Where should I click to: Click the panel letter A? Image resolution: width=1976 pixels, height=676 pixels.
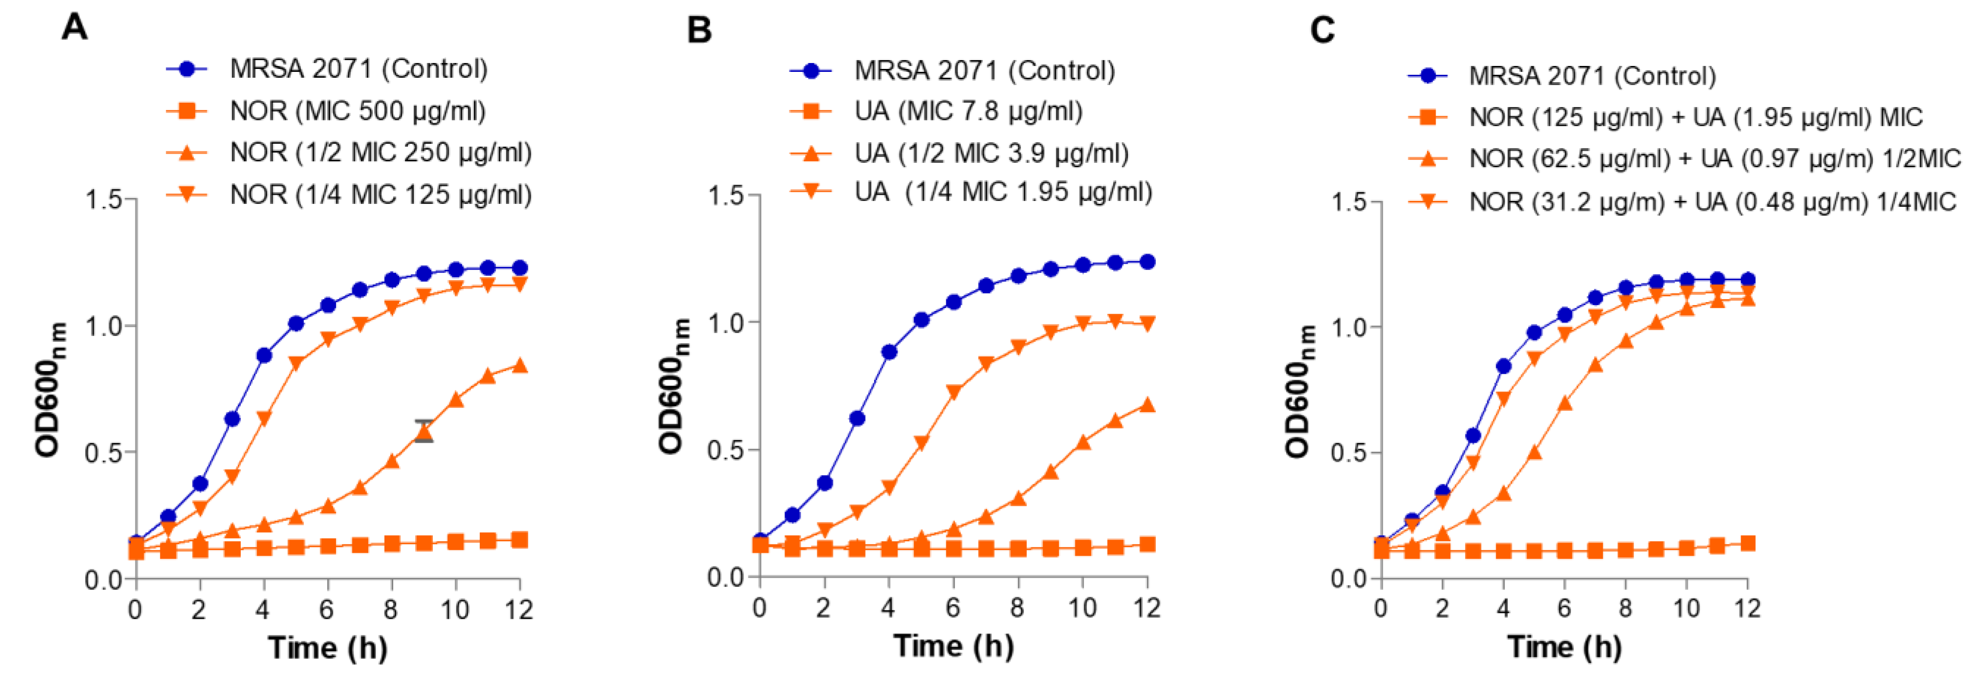[x=74, y=28]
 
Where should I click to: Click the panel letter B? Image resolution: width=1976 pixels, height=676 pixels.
[x=699, y=31]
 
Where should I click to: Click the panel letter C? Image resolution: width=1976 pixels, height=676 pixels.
[x=1322, y=31]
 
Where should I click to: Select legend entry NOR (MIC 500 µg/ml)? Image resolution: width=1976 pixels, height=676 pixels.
[x=358, y=111]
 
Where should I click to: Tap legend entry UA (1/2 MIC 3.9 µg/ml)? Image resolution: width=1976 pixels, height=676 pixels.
[x=991, y=153]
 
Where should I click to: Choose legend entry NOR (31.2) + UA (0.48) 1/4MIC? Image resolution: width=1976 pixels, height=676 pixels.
[x=1712, y=202]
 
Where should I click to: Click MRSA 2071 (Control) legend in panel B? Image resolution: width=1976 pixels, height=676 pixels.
[x=984, y=70]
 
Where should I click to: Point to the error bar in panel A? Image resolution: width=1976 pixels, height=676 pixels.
[x=424, y=431]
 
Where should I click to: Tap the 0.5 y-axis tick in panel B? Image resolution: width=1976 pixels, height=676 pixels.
[x=726, y=450]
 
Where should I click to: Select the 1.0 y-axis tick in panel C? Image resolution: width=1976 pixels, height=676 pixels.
[x=1349, y=327]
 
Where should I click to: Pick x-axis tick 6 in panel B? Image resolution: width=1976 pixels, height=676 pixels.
[x=953, y=609]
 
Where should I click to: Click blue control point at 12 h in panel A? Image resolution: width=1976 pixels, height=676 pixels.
[x=519, y=268]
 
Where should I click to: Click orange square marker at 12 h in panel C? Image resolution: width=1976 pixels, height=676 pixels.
[x=1747, y=543]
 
